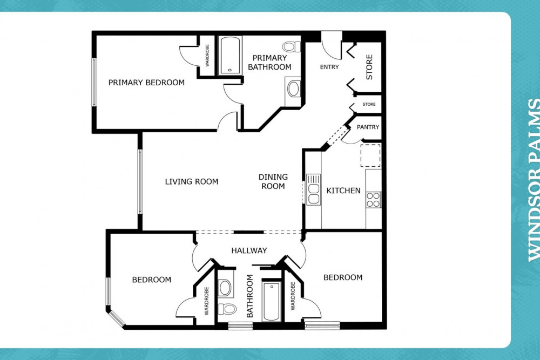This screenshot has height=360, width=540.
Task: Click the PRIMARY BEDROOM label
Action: click(x=146, y=83)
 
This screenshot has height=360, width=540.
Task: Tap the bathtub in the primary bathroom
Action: click(x=230, y=55)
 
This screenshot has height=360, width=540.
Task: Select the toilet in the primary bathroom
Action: click(x=291, y=46)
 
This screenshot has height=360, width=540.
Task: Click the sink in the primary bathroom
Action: click(x=293, y=89)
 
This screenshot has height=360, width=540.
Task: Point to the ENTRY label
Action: click(x=329, y=67)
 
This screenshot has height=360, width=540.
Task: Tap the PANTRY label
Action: click(x=368, y=127)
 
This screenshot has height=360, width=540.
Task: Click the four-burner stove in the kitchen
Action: click(x=373, y=200)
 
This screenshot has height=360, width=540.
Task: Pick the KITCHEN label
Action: click(x=343, y=191)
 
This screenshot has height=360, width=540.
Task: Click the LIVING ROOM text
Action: click(x=192, y=181)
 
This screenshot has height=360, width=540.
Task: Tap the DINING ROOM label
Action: click(x=273, y=181)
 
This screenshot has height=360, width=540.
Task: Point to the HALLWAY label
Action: click(x=249, y=250)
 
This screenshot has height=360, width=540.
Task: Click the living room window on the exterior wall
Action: click(x=139, y=181)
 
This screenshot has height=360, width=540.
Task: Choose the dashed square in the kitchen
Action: click(x=370, y=155)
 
